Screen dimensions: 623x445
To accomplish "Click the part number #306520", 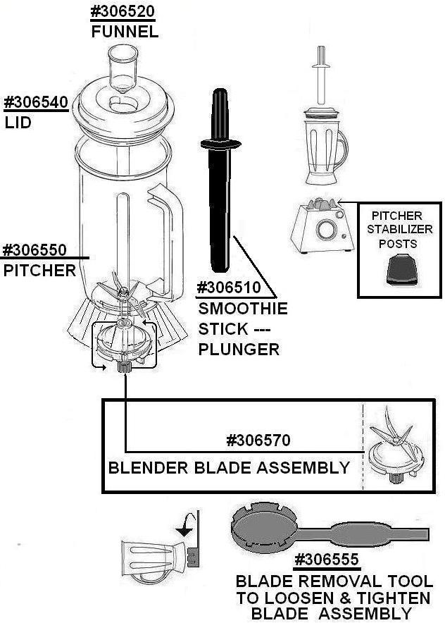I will coord(123,12).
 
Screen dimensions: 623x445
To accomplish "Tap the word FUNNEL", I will coord(124,32).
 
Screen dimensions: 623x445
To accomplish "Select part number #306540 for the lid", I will coord(36,101).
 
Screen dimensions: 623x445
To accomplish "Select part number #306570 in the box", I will coord(258,440).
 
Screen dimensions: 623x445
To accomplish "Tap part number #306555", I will coord(326,560).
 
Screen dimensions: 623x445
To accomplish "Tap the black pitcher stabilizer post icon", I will coord(398,271).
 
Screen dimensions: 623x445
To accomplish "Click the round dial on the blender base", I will coord(325,229).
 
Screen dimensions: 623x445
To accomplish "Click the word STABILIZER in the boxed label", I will coord(399,229).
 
